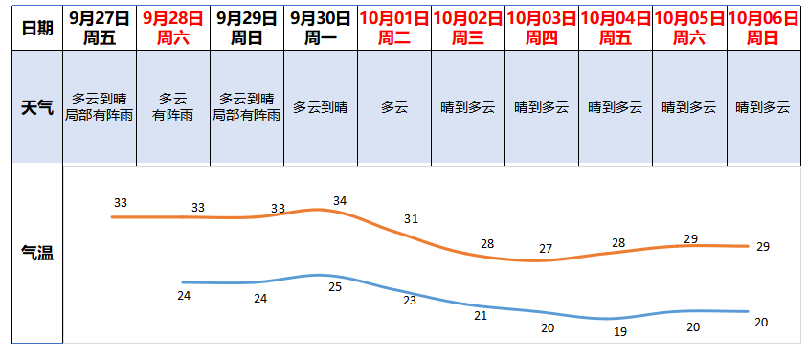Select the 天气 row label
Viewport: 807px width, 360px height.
(36, 107)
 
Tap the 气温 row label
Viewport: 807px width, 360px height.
(36, 254)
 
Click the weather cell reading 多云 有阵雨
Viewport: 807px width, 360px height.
(172, 107)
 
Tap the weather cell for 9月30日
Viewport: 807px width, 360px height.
(321, 107)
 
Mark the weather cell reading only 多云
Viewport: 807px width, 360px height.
(394, 107)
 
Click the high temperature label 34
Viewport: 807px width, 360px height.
(340, 200)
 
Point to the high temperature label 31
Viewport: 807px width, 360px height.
(412, 219)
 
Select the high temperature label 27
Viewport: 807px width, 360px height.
(546, 249)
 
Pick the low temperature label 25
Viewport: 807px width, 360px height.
(335, 286)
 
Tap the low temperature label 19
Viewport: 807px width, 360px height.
(619, 332)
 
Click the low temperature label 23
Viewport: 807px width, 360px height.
(410, 301)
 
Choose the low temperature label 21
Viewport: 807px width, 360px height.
(481, 315)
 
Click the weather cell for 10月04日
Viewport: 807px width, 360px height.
(616, 107)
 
